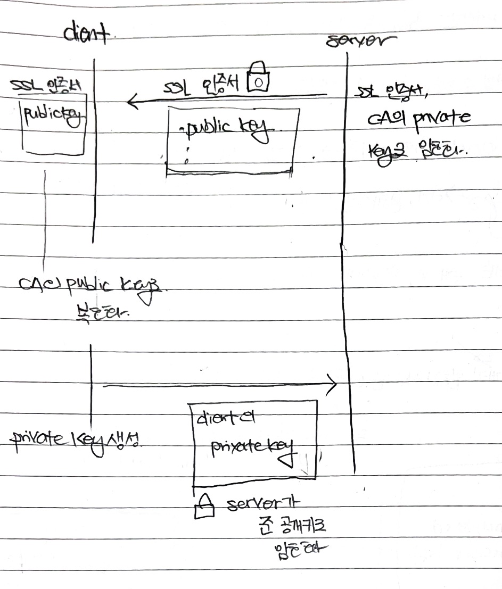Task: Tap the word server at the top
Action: click(355, 42)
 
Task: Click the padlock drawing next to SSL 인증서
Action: click(258, 77)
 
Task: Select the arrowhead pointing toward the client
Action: click(132, 103)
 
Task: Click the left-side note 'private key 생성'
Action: click(75, 439)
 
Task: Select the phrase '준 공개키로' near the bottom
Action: click(288, 527)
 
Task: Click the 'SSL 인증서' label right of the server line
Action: click(394, 93)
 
